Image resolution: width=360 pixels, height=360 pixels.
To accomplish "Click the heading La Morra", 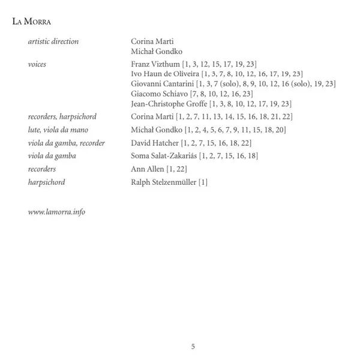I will (x=31, y=22).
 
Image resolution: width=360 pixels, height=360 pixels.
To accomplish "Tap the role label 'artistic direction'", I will (x=53, y=41).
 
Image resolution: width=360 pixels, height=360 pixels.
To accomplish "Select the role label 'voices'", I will (x=37, y=63).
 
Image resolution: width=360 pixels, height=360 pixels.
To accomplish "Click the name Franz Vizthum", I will (x=154, y=63).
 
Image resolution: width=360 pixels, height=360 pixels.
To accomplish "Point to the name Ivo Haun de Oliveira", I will (x=165, y=73).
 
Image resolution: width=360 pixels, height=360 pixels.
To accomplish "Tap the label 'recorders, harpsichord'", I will (x=62, y=116).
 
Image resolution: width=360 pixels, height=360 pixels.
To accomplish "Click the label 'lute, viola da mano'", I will (x=58, y=130).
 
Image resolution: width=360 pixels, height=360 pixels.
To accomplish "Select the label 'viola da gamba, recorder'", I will (x=66, y=143).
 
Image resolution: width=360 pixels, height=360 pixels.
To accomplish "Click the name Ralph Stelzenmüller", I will (x=163, y=182).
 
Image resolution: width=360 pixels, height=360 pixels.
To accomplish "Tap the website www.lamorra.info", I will (x=56, y=212).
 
